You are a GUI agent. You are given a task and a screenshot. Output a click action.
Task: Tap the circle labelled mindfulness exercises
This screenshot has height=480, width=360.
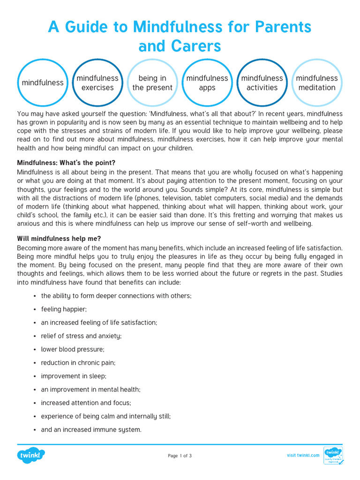pos(97,83)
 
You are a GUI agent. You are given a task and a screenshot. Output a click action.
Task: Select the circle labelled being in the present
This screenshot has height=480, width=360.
pos(152,83)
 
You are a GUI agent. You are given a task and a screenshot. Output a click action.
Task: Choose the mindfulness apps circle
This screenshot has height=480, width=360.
pos(207,83)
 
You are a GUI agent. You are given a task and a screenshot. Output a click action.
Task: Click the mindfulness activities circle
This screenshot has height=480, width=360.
pos(262,83)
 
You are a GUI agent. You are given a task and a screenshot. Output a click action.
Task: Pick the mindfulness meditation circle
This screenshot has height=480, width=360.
pos(317,83)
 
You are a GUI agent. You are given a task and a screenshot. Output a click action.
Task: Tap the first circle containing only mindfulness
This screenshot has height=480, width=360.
pos(43,83)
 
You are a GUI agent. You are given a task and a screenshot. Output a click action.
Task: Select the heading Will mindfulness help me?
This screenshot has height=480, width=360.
pos(59,239)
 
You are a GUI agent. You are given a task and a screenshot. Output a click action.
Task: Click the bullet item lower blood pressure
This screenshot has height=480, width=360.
pos(73,349)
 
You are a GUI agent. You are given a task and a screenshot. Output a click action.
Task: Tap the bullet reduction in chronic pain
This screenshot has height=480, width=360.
pos(78,362)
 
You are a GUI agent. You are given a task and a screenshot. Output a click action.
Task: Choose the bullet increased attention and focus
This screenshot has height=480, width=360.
pos(86,403)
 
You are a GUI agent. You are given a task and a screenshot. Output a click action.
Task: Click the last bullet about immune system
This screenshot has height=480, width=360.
pos(91,429)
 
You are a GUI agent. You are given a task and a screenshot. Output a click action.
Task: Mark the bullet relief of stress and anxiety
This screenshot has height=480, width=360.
pos(81,336)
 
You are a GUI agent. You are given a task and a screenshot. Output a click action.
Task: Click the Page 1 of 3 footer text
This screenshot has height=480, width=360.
pos(180,456)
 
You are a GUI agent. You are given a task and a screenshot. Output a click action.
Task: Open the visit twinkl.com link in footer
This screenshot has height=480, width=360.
pos(303,455)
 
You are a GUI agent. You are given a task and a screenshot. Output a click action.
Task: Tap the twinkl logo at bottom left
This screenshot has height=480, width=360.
pos(31,455)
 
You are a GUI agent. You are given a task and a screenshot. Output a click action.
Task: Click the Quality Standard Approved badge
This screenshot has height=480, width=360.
pos(333,455)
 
